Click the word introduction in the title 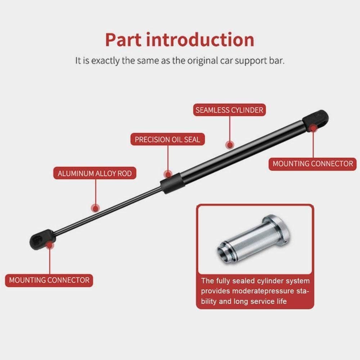200,40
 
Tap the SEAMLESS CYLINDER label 229,110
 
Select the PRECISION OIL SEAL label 167,139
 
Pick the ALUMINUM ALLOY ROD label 95,174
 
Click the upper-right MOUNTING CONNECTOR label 312,164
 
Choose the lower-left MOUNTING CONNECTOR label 49,280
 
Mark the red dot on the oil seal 167,174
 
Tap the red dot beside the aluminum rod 95,208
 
